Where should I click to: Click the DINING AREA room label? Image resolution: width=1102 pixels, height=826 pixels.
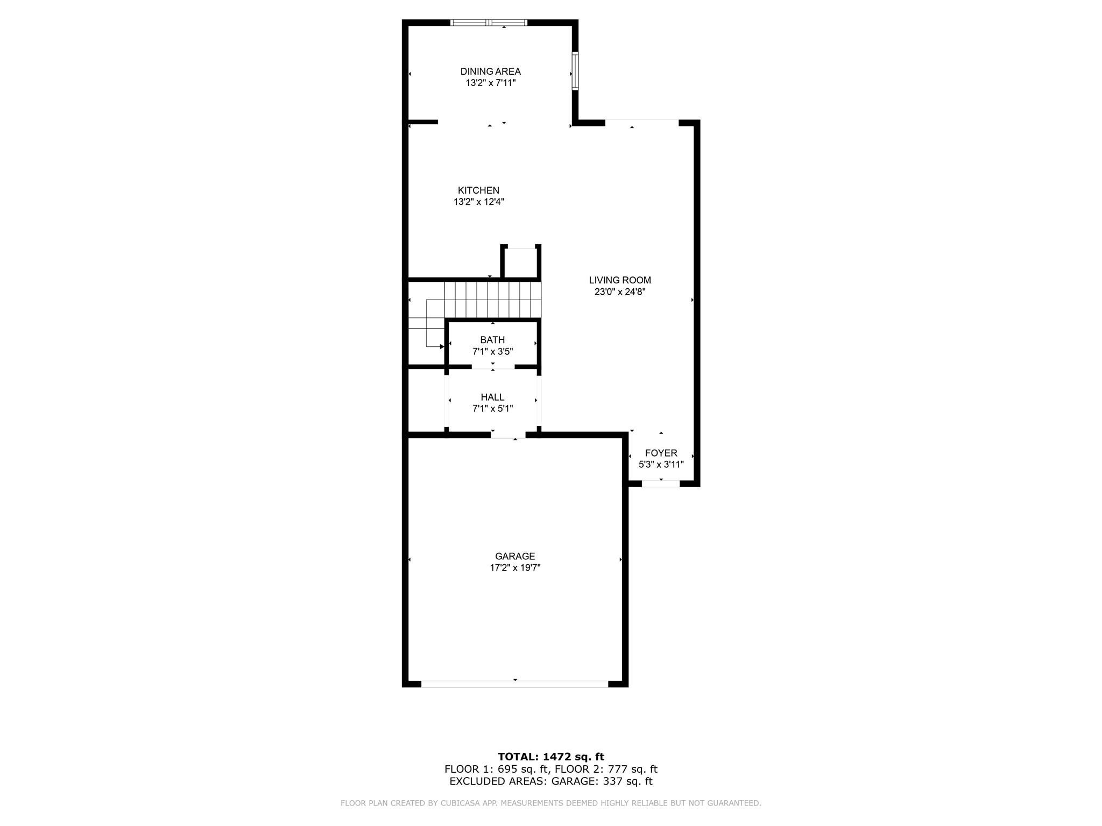(490, 72)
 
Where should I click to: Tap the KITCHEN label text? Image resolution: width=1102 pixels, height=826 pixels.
(478, 190)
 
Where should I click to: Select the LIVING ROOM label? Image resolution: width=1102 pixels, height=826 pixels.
(620, 280)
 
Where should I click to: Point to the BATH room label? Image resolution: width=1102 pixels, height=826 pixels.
(492, 340)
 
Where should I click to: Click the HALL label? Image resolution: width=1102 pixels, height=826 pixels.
(492, 397)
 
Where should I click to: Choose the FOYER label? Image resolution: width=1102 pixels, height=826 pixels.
(661, 453)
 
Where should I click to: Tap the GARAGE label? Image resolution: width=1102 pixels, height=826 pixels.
(515, 557)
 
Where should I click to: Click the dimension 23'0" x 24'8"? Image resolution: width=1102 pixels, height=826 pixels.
(620, 292)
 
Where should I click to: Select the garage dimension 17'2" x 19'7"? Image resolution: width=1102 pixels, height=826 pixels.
(515, 568)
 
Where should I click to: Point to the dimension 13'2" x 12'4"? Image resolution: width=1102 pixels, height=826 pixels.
(478, 202)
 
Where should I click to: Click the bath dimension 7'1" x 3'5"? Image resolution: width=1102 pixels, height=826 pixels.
(492, 352)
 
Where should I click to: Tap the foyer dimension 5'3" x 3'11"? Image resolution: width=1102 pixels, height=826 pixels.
(661, 465)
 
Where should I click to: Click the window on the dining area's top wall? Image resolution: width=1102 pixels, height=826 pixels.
(489, 23)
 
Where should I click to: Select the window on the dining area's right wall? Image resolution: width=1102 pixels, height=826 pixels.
(575, 71)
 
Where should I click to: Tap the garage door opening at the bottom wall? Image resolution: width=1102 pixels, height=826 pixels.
(515, 683)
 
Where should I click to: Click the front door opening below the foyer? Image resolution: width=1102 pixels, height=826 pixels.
(661, 483)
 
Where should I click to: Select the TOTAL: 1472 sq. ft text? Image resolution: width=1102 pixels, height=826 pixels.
(551, 757)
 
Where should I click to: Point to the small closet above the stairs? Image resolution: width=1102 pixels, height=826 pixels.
(521, 263)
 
